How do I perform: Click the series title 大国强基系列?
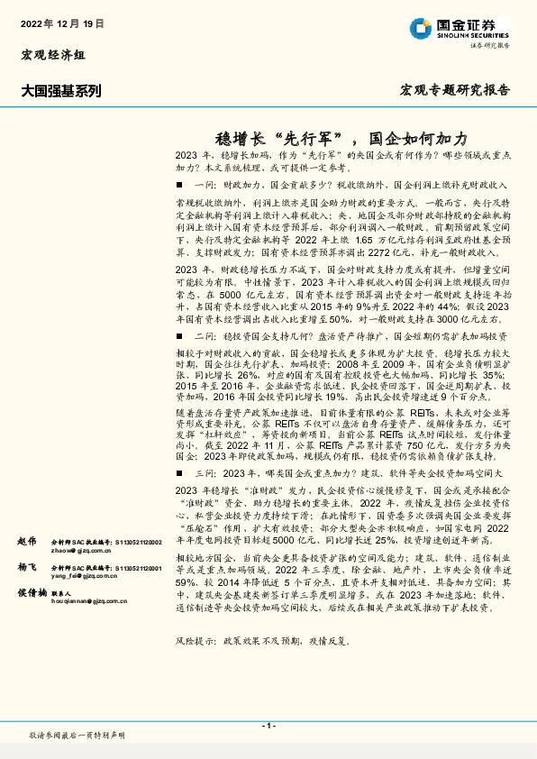coord(61,90)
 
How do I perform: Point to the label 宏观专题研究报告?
coord(453,90)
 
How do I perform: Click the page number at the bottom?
coord(268,726)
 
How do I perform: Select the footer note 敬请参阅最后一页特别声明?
coord(77,736)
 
